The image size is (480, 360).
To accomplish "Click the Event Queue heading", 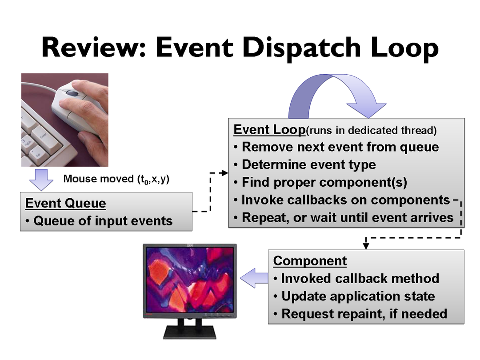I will [x=66, y=204].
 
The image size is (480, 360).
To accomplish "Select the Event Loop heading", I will [x=269, y=130].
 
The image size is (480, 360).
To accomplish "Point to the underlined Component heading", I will [x=310, y=261].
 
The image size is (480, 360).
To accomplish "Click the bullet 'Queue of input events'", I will [x=103, y=221].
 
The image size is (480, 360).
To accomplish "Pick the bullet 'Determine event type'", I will [x=308, y=165].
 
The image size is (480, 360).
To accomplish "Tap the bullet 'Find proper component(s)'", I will [x=324, y=183].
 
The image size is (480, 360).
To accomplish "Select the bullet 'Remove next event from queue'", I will [x=340, y=147].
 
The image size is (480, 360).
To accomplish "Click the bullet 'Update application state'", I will [x=358, y=296].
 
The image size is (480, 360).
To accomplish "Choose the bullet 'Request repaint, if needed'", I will [x=364, y=314].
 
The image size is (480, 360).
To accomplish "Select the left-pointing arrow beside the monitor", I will [x=254, y=278].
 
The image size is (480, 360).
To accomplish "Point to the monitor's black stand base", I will [x=190, y=332].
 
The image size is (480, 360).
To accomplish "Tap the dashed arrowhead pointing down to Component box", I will [x=366, y=245].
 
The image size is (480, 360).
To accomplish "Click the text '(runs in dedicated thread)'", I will [x=372, y=131].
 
